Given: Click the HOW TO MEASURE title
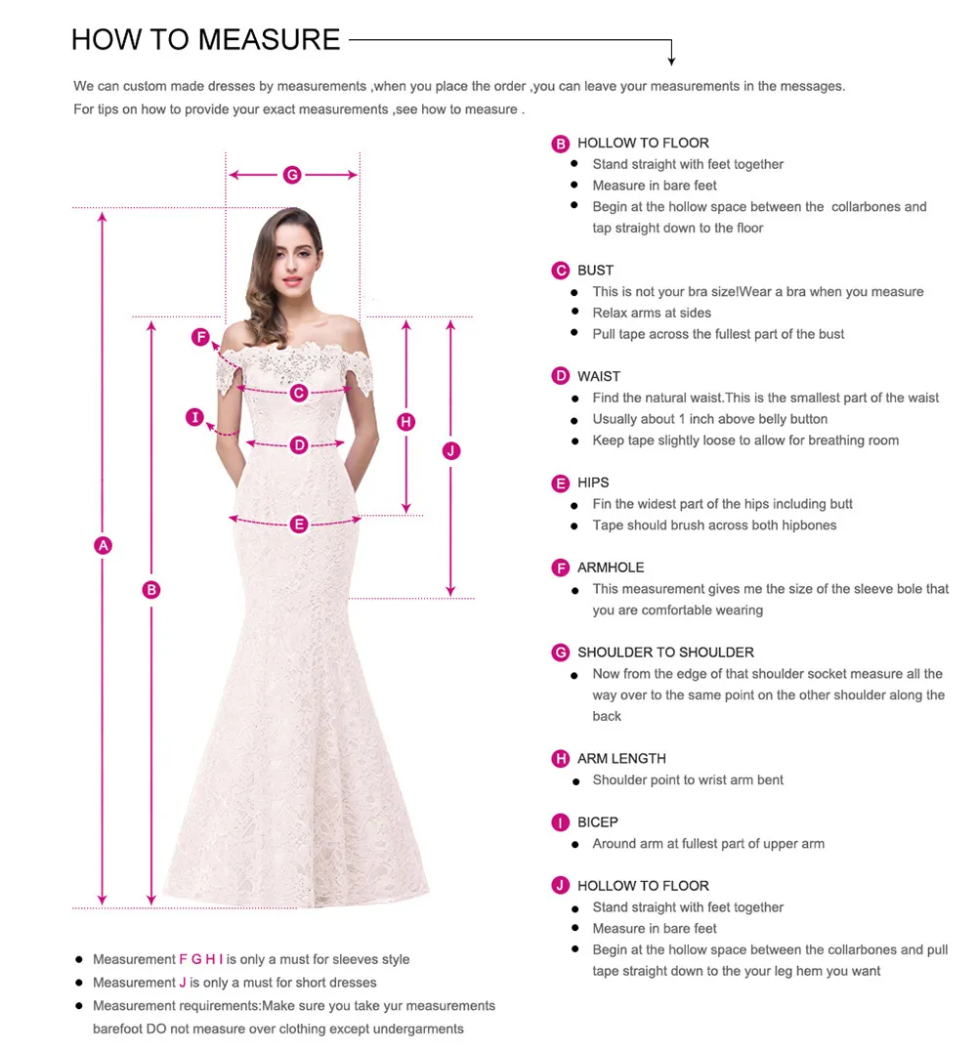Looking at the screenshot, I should pos(205,40).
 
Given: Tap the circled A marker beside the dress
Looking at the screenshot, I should pos(103,545).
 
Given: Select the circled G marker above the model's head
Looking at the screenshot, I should pos(292,175).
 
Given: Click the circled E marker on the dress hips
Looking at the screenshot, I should pos(299,525).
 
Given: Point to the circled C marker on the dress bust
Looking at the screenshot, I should pos(299,393).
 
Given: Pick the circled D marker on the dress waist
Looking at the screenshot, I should pos(299,445).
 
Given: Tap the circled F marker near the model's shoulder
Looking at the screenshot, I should pos(200,338).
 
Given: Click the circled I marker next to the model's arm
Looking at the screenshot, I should pos(195,418).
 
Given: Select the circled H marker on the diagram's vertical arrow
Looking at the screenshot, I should pos(406,422).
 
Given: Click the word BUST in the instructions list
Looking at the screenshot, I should pos(595,271).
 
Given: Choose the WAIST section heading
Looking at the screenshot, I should pos(598,376).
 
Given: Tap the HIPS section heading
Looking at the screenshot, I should pos(593,483).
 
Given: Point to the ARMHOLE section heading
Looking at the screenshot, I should pos(611,568).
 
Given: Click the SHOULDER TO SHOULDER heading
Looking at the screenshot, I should pos(665,652).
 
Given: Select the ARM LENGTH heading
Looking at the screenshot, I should pos(621,759).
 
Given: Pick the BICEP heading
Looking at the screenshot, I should pos(597,822).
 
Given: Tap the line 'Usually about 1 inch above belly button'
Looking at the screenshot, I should pos(709,419).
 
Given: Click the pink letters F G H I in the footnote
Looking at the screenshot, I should pos(201,959).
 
